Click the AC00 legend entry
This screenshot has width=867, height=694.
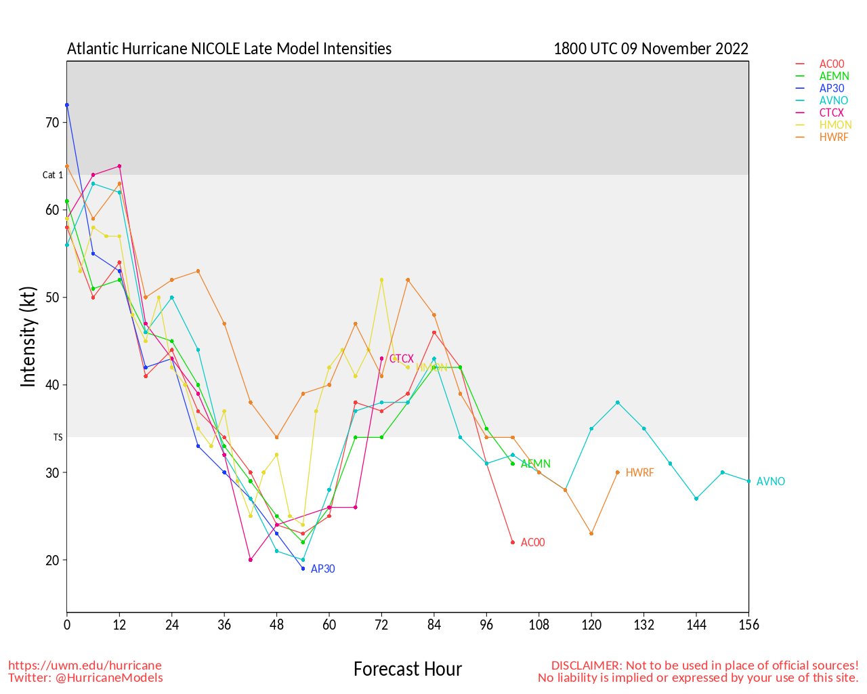tap(831, 64)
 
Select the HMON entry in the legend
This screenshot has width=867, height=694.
tap(835, 125)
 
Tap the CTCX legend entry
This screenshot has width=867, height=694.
tap(832, 113)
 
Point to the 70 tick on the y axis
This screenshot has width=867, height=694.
tap(53, 123)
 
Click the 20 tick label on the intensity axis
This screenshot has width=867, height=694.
tap(53, 560)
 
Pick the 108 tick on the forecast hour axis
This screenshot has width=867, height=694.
tap(539, 625)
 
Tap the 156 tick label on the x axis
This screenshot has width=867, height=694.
tap(748, 625)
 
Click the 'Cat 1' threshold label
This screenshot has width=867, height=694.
tap(53, 175)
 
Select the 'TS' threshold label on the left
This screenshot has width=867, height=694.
tap(58, 438)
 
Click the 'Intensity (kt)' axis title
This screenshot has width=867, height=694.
tap(28, 337)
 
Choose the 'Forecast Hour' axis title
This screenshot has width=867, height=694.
tap(407, 670)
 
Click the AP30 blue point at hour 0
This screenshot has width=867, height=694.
tap(67, 105)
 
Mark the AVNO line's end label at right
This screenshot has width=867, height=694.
tap(771, 482)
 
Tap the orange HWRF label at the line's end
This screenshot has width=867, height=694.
tap(639, 473)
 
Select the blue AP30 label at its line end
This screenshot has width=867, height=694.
tap(322, 569)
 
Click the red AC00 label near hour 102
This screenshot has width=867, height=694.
tap(532, 543)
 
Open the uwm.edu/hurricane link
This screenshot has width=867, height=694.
tap(85, 666)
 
